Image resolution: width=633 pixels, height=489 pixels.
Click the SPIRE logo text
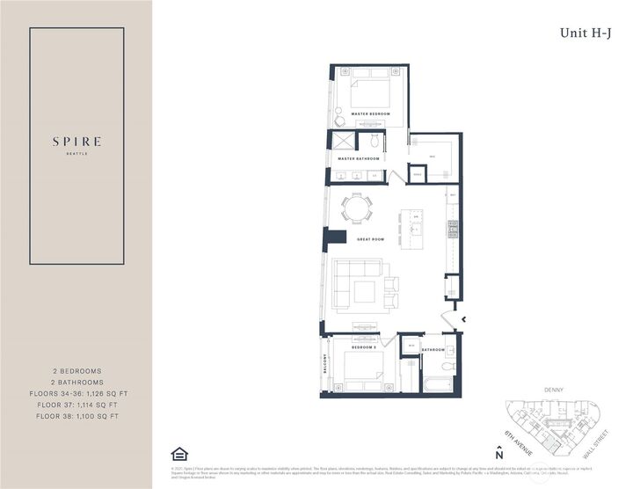[x=76, y=141]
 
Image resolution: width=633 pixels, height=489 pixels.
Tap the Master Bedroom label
[x=370, y=114]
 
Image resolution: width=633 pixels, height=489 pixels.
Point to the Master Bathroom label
[x=359, y=158]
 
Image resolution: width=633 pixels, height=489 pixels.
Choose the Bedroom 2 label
[x=365, y=348]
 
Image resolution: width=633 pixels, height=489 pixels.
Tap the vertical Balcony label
[x=324, y=365]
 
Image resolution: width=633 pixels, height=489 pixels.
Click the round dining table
[x=357, y=209]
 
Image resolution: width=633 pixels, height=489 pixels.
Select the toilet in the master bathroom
[x=374, y=141]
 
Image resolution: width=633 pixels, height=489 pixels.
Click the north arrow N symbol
[x=498, y=453]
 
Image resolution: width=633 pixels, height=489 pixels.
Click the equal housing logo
[x=179, y=454]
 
